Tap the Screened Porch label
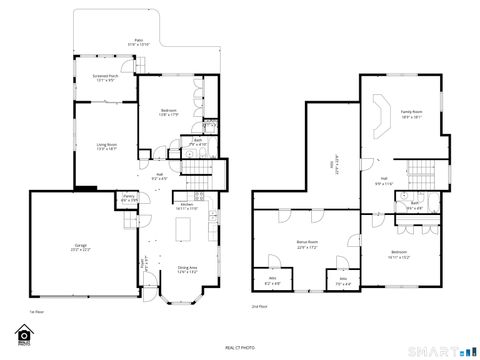[106, 77]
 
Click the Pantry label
[129, 198]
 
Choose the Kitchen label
[187, 205]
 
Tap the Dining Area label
[187, 269]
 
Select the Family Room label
[411, 113]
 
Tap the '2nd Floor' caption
[260, 305]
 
